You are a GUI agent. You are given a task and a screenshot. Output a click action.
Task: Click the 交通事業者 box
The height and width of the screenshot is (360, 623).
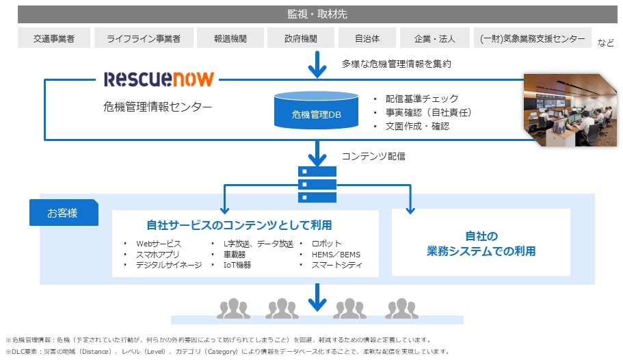(x=53, y=38)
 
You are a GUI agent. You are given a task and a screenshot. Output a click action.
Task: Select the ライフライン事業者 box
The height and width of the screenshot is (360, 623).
(x=144, y=38)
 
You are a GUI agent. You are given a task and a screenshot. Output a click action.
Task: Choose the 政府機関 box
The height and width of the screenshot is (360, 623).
(x=300, y=38)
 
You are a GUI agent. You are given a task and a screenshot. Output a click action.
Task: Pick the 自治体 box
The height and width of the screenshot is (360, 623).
(x=367, y=38)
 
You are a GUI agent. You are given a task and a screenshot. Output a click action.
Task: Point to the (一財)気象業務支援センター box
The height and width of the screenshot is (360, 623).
(x=533, y=38)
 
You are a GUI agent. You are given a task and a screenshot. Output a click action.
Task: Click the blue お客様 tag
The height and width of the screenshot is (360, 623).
(x=63, y=213)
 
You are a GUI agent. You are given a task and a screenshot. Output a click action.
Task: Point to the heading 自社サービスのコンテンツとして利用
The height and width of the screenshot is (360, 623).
(x=244, y=224)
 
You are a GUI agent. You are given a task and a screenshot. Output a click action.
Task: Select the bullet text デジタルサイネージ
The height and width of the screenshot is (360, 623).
(x=168, y=265)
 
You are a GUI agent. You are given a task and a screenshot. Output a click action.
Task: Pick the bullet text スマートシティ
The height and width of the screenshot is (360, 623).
(x=335, y=265)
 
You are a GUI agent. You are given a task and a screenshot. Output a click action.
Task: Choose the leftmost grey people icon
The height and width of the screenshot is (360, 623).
(x=233, y=308)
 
